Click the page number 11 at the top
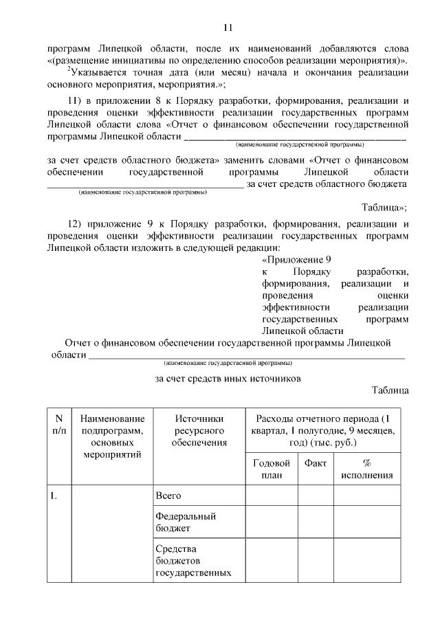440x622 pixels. (x=228, y=27)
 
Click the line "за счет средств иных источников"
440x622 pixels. (x=228, y=378)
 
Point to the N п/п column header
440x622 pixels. (x=58, y=425)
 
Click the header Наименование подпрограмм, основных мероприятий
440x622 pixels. (x=112, y=436)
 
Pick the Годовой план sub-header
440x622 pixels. (x=272, y=469)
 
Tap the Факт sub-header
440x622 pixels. (x=316, y=463)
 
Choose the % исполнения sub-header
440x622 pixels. (x=366, y=469)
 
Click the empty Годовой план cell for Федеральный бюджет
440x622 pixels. (x=272, y=522)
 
